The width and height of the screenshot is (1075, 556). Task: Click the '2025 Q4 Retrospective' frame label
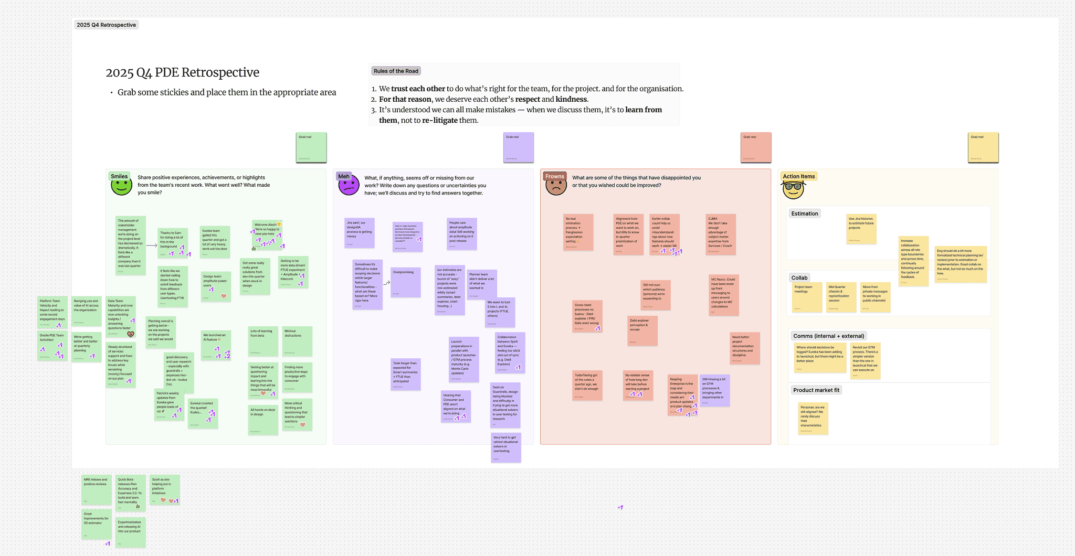pos(106,25)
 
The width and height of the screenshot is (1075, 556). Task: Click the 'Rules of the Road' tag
pos(396,71)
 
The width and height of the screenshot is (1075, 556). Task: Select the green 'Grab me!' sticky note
pos(311,147)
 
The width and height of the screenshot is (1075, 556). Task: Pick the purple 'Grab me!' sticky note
pos(519,147)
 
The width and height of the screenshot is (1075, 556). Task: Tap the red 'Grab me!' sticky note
pos(756,147)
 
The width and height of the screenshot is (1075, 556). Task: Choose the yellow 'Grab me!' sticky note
pos(983,147)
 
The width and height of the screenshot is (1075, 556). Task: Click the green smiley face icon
pos(121,187)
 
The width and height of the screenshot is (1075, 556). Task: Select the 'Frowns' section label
pos(554,176)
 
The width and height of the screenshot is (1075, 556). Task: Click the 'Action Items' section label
pos(798,176)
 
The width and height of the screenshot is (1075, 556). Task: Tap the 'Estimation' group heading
pos(805,213)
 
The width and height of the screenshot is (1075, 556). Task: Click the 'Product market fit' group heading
pos(816,390)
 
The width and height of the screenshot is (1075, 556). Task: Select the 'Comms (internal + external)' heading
pos(828,336)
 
